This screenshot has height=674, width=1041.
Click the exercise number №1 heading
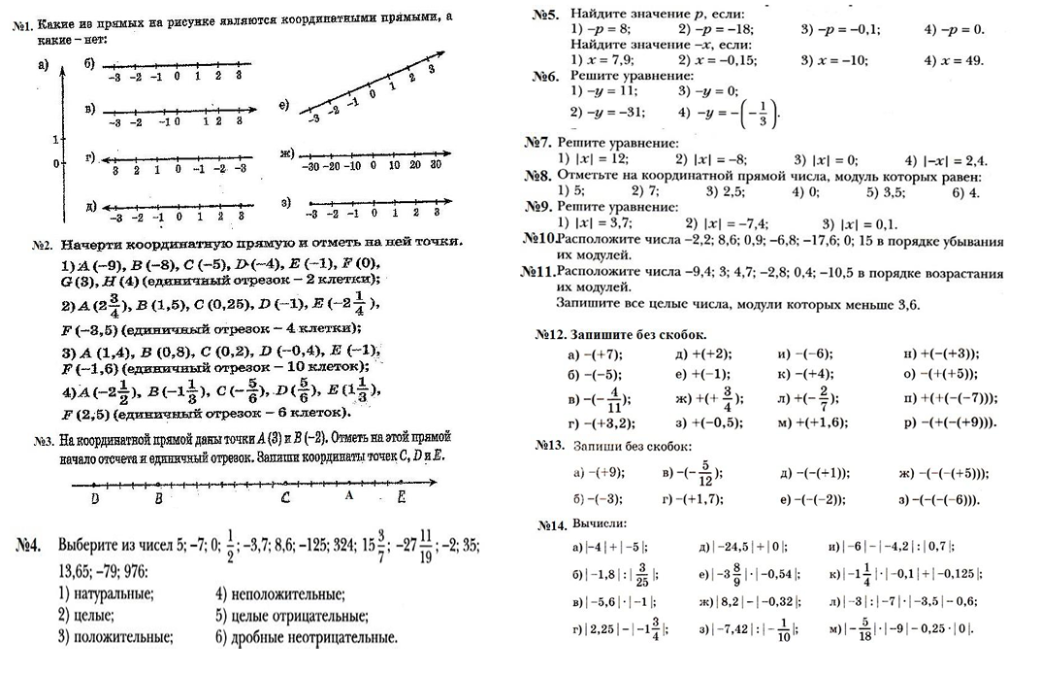click(22, 18)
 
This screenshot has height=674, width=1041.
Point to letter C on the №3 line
click(284, 497)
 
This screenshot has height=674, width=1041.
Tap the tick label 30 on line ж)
click(436, 165)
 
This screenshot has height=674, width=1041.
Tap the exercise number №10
click(538, 239)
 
